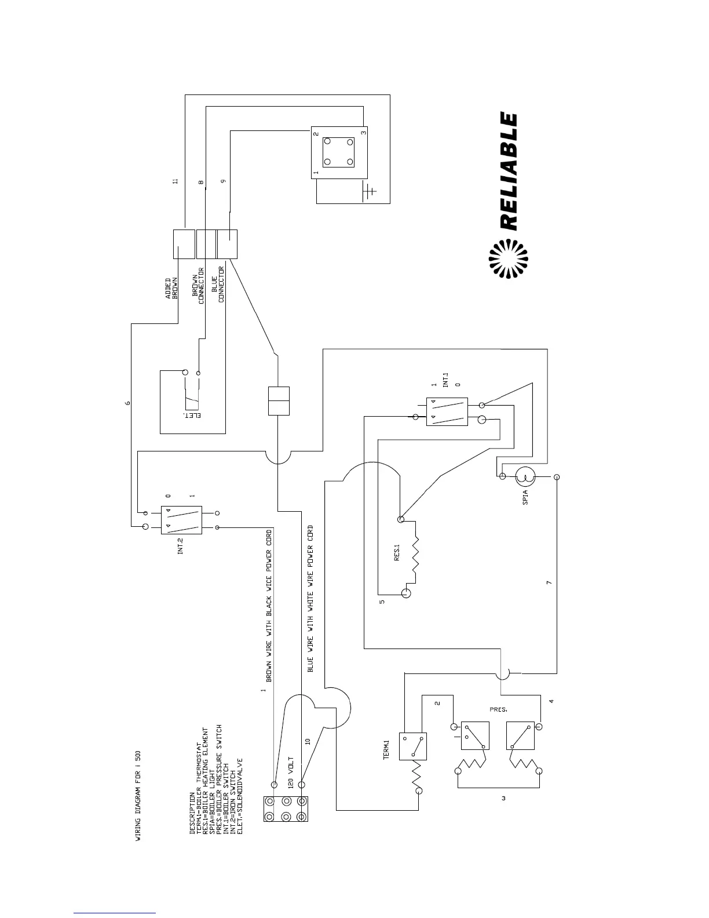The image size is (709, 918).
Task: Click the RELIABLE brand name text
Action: pos(507,172)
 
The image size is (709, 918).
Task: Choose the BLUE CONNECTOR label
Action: pos(217,285)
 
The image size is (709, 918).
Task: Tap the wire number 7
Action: pos(550,582)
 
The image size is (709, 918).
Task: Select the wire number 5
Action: pos(382,602)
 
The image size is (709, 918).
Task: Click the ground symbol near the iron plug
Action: pos(369,191)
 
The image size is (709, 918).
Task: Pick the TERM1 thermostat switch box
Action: pos(414,745)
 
